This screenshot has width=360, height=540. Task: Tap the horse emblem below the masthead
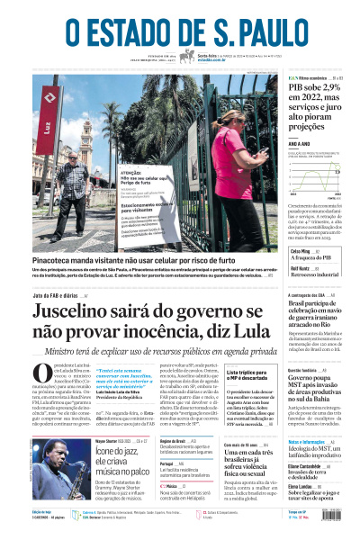click(x=187, y=56)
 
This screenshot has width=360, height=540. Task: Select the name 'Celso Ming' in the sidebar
click(x=301, y=252)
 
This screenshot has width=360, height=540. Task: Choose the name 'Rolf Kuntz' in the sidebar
click(x=301, y=267)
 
